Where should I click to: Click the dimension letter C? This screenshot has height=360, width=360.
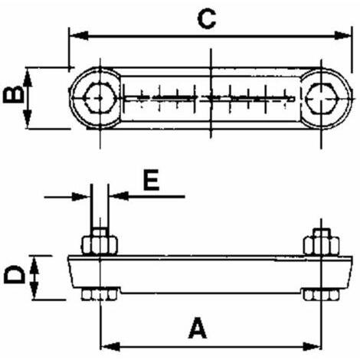[x=207, y=19]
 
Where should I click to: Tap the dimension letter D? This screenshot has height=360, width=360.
[x=15, y=274]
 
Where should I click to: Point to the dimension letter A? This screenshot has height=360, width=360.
[x=198, y=328]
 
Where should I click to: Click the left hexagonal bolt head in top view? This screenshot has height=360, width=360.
[x=99, y=98]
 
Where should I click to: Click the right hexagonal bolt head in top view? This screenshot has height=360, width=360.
[x=323, y=98]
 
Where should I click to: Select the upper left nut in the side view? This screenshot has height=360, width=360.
[x=100, y=245]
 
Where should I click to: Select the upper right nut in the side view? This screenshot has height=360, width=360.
[x=322, y=245]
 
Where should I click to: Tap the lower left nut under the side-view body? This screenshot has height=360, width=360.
[x=100, y=295]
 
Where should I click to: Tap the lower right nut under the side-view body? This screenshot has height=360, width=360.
[x=322, y=295]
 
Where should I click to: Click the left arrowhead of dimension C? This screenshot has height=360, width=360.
[x=79, y=36]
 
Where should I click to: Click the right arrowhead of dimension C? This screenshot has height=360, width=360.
[x=342, y=36]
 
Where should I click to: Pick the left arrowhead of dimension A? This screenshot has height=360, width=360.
[x=110, y=346]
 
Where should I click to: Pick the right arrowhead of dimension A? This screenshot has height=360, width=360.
[x=312, y=346]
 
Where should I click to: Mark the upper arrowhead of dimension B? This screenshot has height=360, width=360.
[x=28, y=78]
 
